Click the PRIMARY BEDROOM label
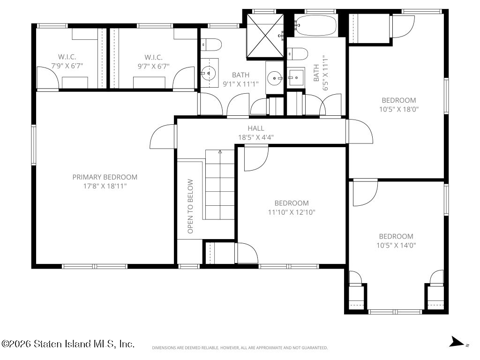click(105, 177)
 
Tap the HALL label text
click(256, 128)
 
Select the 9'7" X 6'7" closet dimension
click(153, 66)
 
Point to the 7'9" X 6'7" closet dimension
click(67, 66)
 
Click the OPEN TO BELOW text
click(190, 206)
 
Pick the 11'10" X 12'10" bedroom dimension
click(292, 212)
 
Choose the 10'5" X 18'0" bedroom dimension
click(399, 109)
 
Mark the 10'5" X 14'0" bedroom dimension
click(396, 245)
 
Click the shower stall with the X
click(265, 36)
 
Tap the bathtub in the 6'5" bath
click(316, 26)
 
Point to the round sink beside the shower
click(275, 78)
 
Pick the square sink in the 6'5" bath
click(296, 78)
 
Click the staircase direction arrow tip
click(220, 150)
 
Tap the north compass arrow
click(457, 342)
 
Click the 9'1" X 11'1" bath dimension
click(240, 84)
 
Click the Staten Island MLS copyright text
click(67, 344)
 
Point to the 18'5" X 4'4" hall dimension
click(256, 137)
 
